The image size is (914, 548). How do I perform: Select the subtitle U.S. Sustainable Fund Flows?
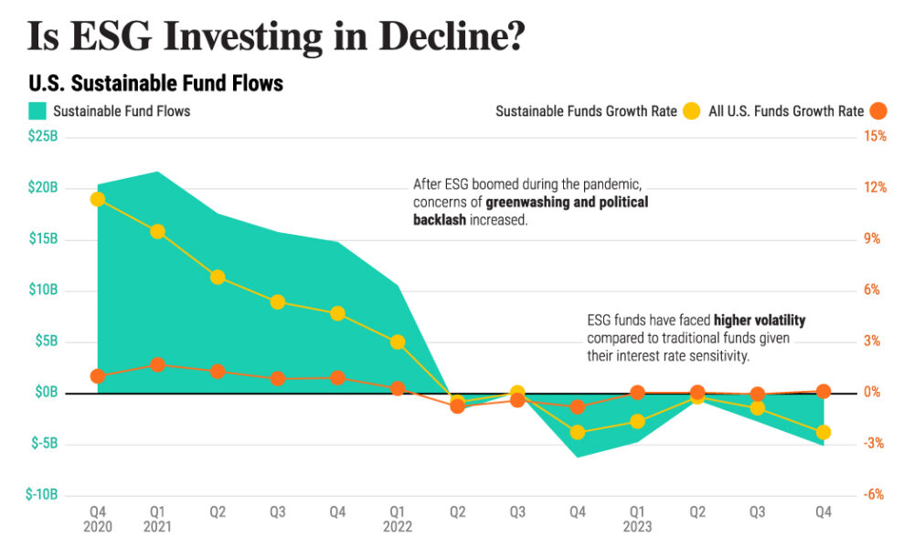click(x=156, y=84)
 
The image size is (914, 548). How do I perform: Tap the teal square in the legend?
click(x=37, y=111)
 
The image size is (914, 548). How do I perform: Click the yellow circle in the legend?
click(x=692, y=111)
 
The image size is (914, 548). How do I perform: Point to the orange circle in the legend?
click(x=878, y=111)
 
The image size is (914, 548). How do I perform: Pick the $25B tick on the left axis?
click(x=43, y=137)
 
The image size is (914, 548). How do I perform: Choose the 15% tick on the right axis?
click(x=875, y=137)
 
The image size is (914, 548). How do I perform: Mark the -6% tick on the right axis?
click(x=875, y=495)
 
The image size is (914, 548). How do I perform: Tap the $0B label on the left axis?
click(x=47, y=393)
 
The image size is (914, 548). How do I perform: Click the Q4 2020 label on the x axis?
click(x=98, y=520)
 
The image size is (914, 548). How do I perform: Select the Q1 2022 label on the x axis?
click(x=398, y=520)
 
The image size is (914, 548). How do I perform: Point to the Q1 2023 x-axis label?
click(x=637, y=520)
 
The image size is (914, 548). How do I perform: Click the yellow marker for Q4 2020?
click(x=98, y=199)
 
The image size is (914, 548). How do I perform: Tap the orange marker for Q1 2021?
click(x=157, y=365)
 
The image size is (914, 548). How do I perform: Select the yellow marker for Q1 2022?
click(x=398, y=342)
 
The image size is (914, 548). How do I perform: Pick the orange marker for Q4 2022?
click(x=577, y=407)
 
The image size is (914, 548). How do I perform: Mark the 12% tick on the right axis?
click(x=875, y=188)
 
